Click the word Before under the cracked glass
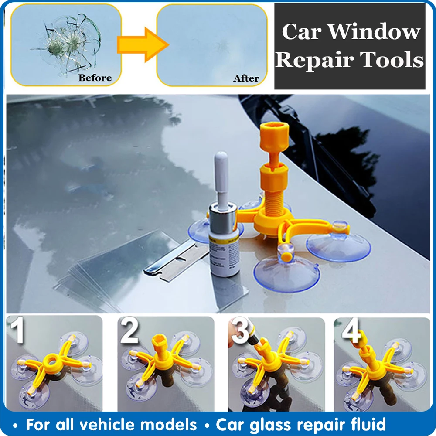(95, 78)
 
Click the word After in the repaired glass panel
(246, 78)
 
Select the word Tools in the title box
(394, 60)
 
